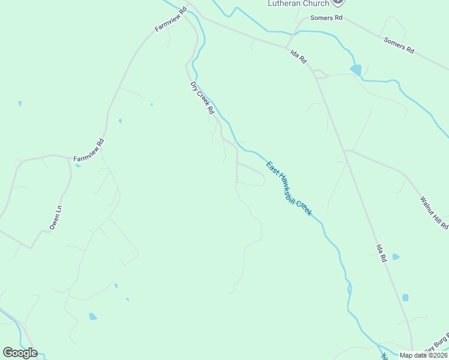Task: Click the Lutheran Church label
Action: click(298, 4)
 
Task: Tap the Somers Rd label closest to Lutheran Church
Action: click(325, 19)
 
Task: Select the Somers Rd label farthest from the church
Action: click(399, 46)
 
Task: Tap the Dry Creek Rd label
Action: click(202, 98)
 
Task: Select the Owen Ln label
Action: click(56, 217)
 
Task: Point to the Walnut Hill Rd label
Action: click(434, 212)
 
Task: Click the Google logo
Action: click(20, 353)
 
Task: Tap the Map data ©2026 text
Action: click(423, 355)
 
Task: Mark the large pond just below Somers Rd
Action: click(356, 70)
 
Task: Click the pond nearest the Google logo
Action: click(92, 316)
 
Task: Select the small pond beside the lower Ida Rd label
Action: click(396, 257)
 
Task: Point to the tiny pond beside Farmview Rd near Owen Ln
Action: click(78, 165)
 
